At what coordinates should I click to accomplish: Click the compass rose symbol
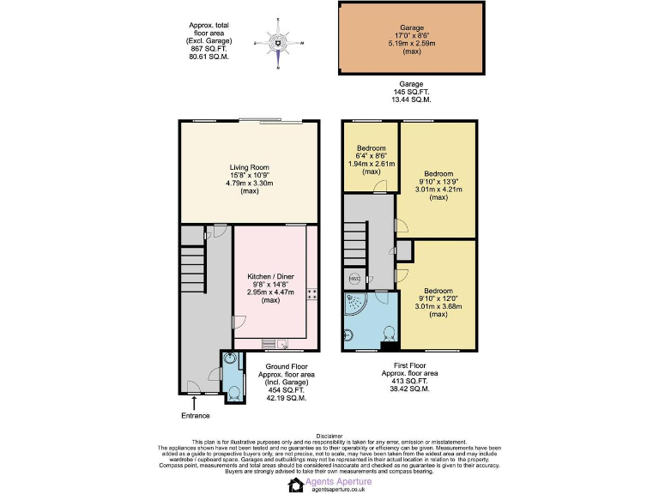point(279,42)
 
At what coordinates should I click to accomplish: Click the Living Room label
point(249,167)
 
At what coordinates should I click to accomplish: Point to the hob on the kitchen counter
point(312,293)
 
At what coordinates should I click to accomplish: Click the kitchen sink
point(281,344)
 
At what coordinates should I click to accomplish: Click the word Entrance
point(195,416)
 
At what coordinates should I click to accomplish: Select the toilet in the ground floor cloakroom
point(233,394)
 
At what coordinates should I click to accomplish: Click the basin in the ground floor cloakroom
point(227,361)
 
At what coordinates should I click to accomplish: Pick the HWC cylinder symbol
point(354,279)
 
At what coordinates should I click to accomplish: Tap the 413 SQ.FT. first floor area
point(409,381)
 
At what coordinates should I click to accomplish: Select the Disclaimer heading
point(329,436)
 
